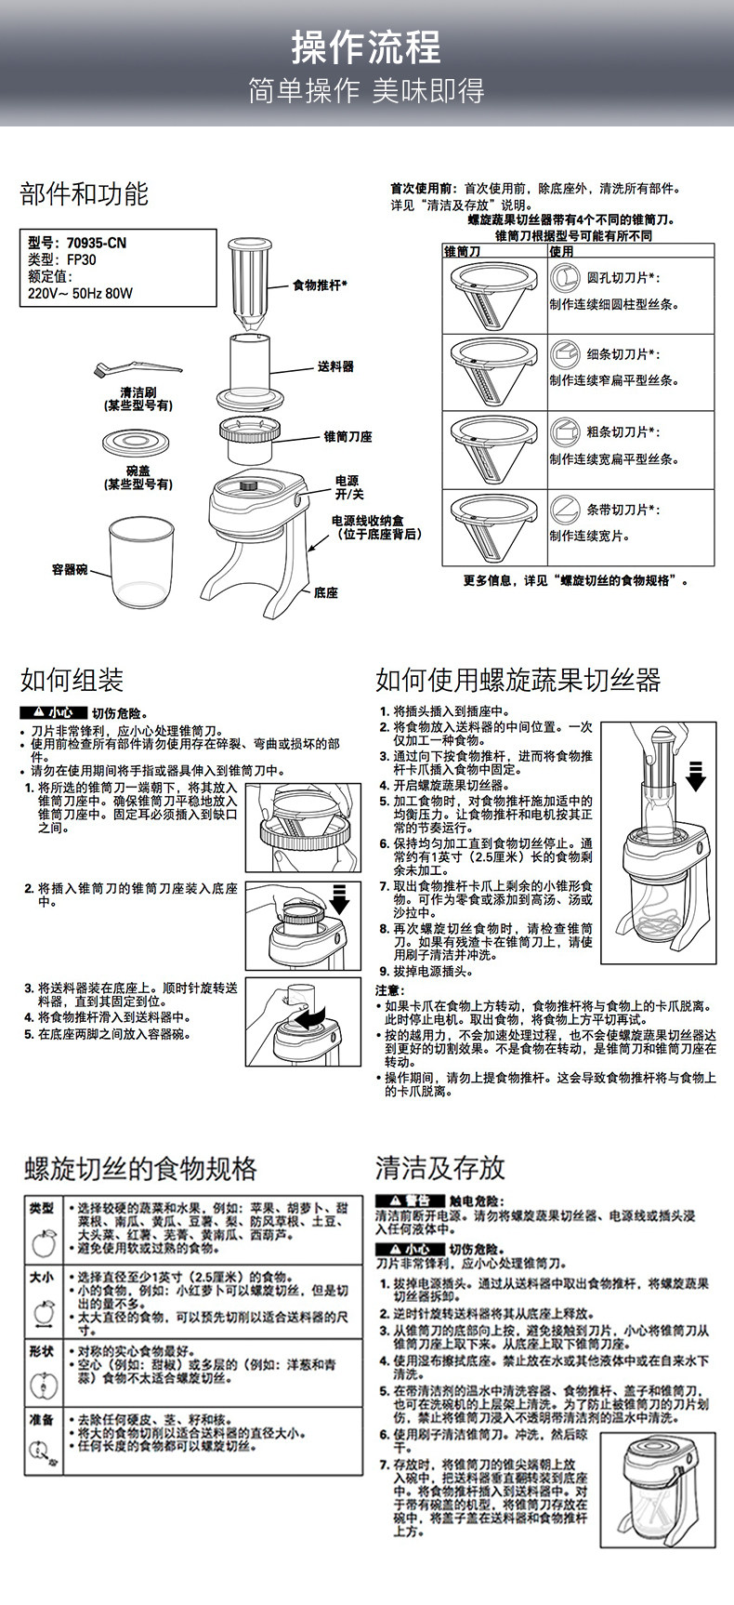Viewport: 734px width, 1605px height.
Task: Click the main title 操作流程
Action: point(366,46)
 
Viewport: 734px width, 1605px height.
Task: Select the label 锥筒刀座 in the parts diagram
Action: point(347,436)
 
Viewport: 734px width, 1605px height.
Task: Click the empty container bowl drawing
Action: point(141,561)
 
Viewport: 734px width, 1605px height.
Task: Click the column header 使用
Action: point(561,251)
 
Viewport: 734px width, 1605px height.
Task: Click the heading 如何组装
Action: point(72,680)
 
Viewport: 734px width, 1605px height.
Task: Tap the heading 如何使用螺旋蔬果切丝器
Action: point(518,680)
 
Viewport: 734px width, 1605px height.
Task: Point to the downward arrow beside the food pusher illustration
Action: point(695,774)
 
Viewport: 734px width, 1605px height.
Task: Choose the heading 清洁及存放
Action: point(439,1167)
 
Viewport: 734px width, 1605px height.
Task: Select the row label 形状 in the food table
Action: point(41,1351)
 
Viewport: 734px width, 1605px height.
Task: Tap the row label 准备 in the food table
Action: point(41,1420)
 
